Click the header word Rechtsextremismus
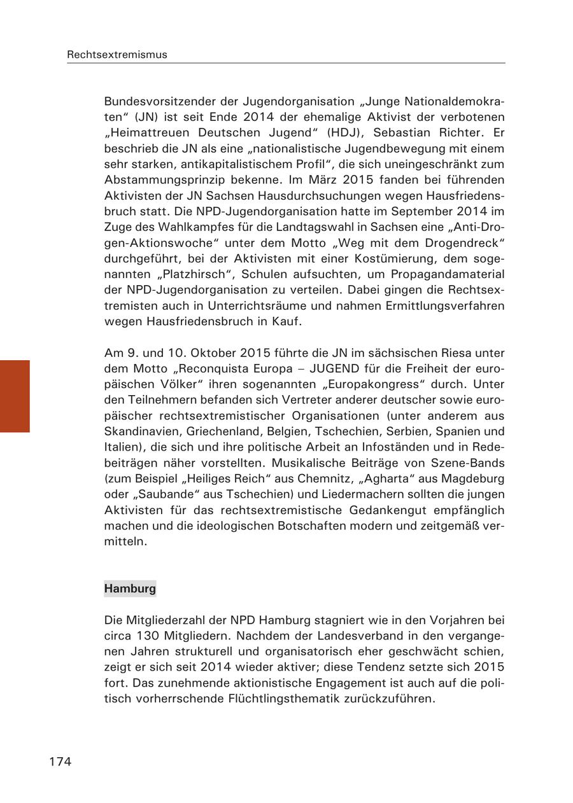117,55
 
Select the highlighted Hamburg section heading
130,589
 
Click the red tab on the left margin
15,396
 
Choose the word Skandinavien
140,432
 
